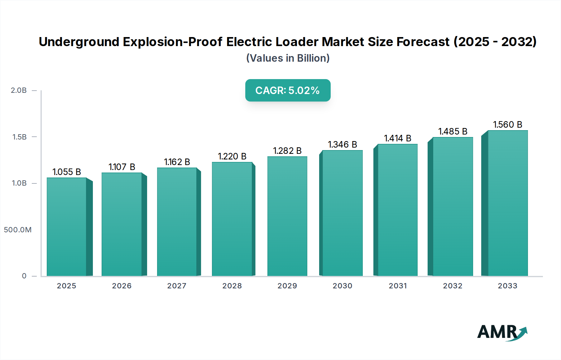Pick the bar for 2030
tap(342, 213)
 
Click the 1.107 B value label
tap(122, 167)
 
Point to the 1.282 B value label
tap(287, 151)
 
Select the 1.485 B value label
tap(453, 131)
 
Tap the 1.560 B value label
tap(507, 125)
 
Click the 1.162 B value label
tap(177, 162)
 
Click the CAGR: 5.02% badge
tap(288, 90)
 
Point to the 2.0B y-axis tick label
tap(19, 90)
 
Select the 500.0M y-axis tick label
tap(18, 230)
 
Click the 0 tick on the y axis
tap(24, 276)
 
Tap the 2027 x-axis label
tap(177, 286)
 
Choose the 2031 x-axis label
tap(398, 286)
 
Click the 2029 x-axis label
tap(287, 286)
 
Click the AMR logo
tap(502, 332)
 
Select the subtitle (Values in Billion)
tap(288, 58)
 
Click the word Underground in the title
tap(79, 42)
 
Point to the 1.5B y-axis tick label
tap(19, 137)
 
